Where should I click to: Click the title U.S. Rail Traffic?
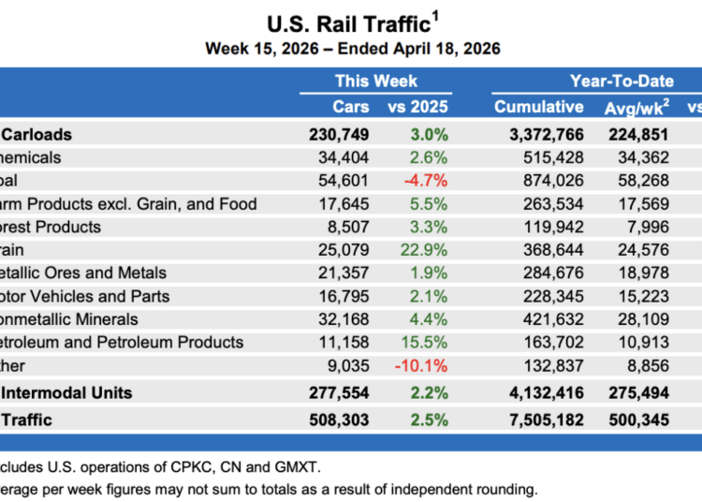(x=345, y=22)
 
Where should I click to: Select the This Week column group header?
(x=376, y=81)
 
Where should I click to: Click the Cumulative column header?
(x=538, y=107)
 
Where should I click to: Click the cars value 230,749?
(x=339, y=135)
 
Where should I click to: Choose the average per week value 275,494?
(x=639, y=392)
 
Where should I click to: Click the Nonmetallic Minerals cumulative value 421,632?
(x=551, y=319)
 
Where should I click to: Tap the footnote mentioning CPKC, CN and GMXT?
(x=140, y=465)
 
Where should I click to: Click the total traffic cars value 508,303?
(x=339, y=421)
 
